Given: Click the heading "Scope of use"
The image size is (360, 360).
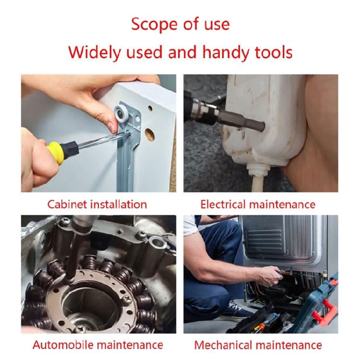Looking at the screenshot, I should [180, 24].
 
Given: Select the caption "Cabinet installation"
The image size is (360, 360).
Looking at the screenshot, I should [97, 204].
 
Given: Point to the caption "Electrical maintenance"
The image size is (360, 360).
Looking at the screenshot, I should [258, 204].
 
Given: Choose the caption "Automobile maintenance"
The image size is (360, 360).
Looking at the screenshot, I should [98, 345].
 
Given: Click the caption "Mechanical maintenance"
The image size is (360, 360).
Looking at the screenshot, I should [258, 345].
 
